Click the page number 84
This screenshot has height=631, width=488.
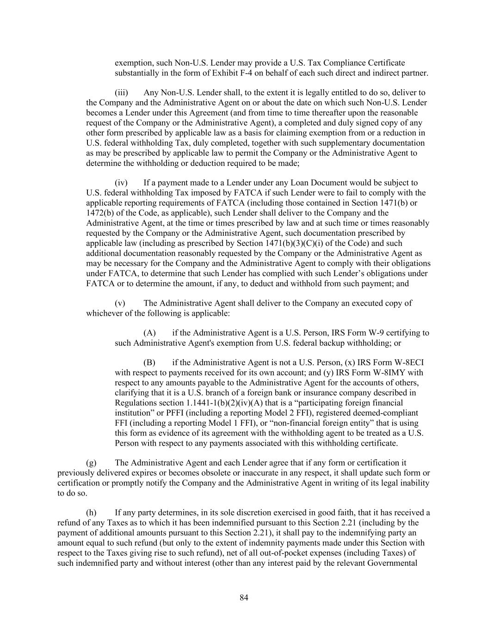click(244, 598)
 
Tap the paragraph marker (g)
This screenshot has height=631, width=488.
click(91, 463)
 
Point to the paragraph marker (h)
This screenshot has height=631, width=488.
click(91, 513)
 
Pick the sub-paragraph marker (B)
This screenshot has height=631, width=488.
click(149, 362)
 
